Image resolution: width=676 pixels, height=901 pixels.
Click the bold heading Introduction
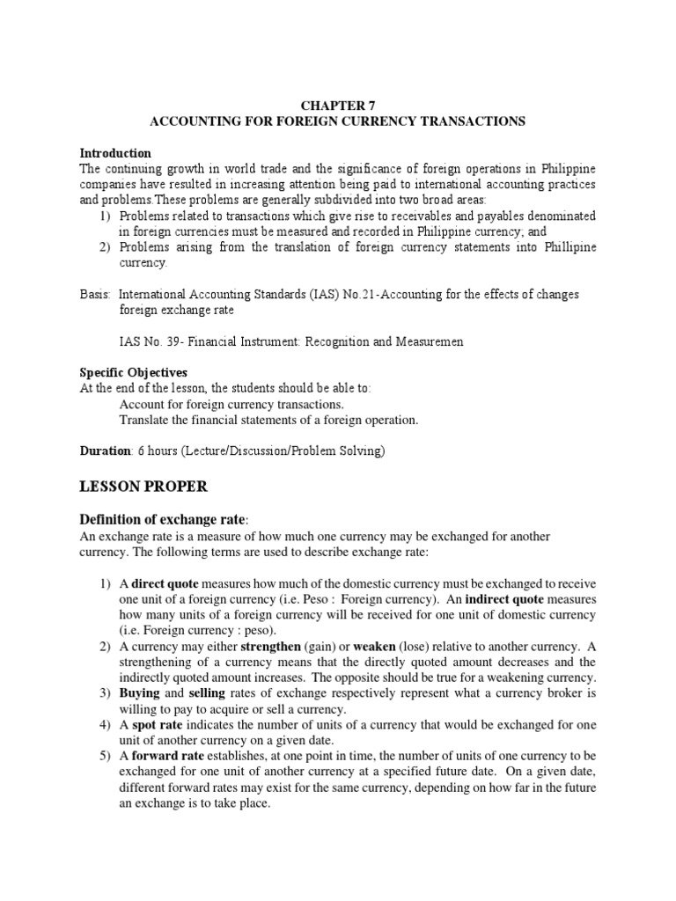coord(115,153)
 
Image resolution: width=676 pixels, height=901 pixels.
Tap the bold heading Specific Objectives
coord(133,372)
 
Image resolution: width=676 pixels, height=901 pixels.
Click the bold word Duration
coord(105,450)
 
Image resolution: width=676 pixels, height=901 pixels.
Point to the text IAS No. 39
coord(150,341)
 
